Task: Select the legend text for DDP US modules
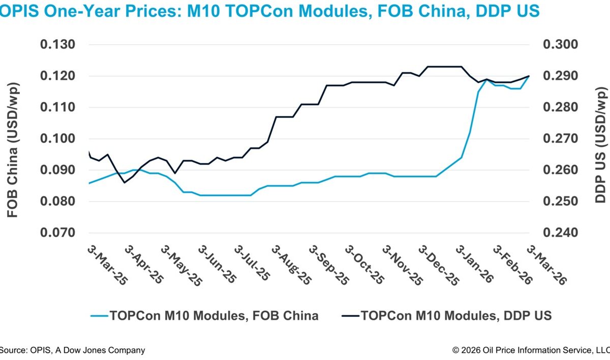(x=456, y=316)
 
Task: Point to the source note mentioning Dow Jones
(x=72, y=350)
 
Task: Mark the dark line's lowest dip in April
(x=125, y=183)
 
